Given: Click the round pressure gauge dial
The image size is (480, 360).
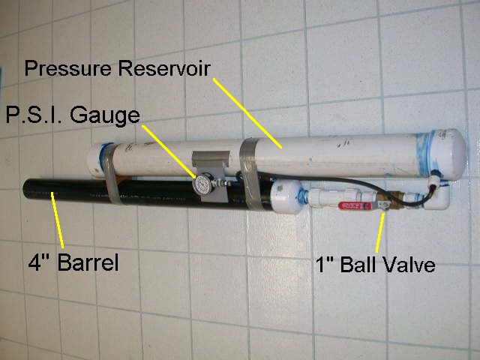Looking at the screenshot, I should pyautogui.click(x=202, y=184).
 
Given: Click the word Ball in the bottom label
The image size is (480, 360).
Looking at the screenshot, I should pyautogui.click(x=351, y=265).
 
